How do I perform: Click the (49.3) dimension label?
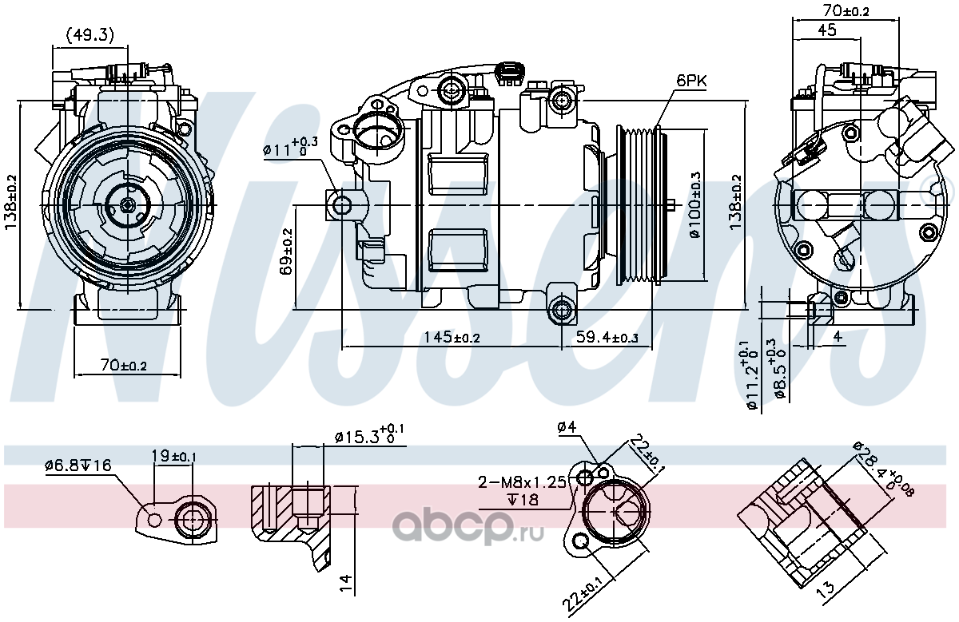coord(90,35)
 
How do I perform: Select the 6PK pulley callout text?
coord(691,81)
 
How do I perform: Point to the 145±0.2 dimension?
coord(452,338)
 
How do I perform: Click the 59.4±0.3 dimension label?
coord(607,338)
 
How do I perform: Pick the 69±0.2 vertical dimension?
coord(287,252)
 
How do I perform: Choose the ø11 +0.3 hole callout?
coord(290,148)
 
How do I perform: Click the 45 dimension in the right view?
coord(826,30)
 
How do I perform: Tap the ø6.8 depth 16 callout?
coord(78,466)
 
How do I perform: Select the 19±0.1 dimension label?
coord(174,456)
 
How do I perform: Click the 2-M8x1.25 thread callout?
coord(523,482)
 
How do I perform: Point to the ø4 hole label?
coord(567,427)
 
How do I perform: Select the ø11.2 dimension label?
coord(751,375)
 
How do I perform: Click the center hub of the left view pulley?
coord(128,205)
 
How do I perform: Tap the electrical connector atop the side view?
coord(510,74)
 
